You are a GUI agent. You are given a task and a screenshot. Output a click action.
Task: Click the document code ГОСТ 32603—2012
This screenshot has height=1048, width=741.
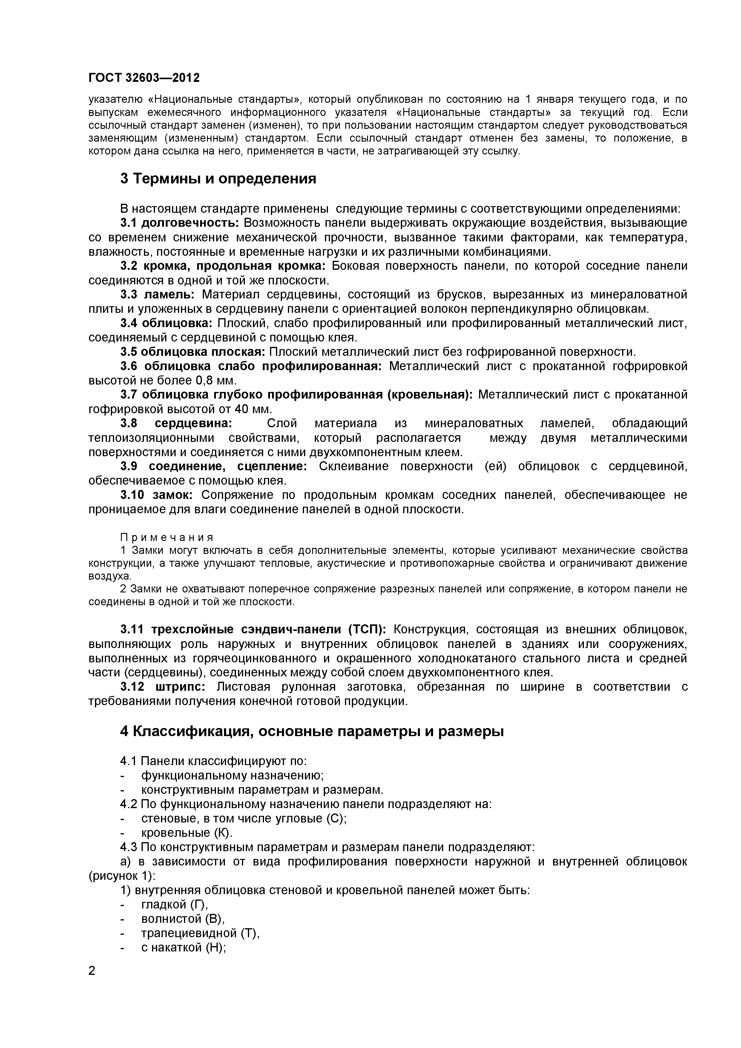tap(144, 78)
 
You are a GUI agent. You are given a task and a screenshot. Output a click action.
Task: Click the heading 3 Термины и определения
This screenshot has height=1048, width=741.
tap(218, 178)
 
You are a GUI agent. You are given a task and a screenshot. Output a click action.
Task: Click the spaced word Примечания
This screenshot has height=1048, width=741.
tap(167, 537)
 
